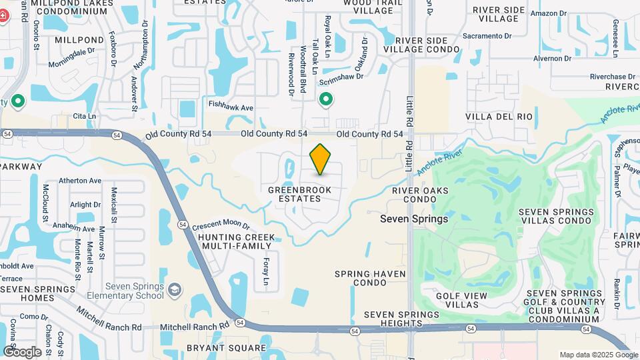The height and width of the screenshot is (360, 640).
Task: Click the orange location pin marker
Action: pyautogui.click(x=320, y=159)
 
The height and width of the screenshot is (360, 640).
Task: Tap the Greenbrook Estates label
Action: pyautogui.click(x=299, y=194)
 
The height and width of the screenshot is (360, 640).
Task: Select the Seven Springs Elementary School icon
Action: pyautogui.click(x=174, y=289)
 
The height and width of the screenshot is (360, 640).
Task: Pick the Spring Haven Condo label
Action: pyautogui.click(x=361, y=278)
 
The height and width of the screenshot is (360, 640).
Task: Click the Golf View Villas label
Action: pyautogui.click(x=466, y=300)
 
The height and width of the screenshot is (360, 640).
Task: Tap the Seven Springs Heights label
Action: pyautogui.click(x=401, y=319)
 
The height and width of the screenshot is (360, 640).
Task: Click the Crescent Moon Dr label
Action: pyautogui.click(x=221, y=227)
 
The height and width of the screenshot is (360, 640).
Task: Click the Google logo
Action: pyautogui.click(x=22, y=351)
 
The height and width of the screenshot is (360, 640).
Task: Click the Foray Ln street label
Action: pyautogui.click(x=266, y=272)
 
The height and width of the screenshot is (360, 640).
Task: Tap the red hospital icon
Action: pyautogui.click(x=3, y=16)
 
